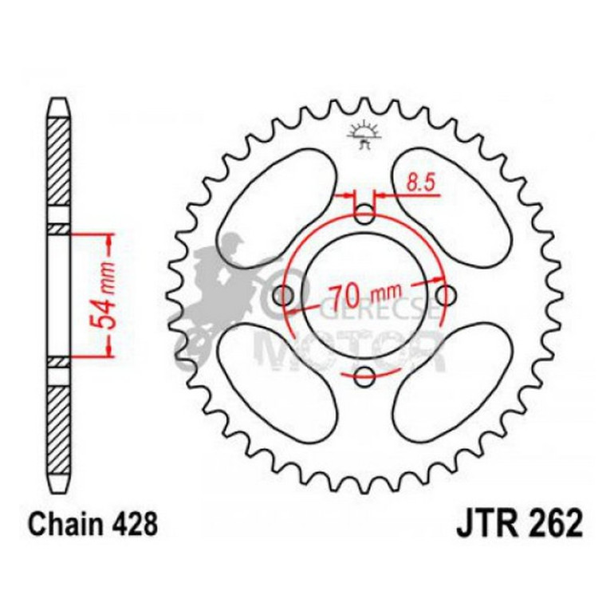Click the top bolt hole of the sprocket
point(364,214)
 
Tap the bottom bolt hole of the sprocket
point(364,376)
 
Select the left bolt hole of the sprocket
point(283,295)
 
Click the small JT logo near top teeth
point(364,135)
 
